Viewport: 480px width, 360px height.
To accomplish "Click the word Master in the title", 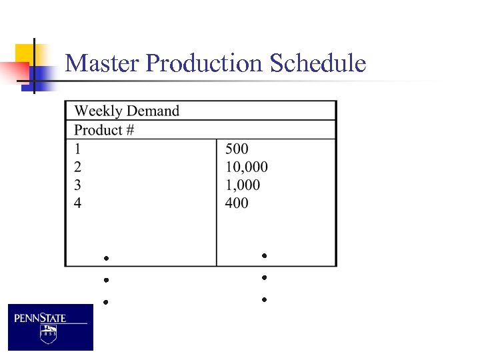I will (x=103, y=64).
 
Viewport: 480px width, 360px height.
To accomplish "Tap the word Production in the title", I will (x=204, y=64).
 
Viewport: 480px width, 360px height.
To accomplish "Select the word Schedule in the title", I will (x=318, y=64).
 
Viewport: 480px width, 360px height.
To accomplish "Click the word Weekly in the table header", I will (x=99, y=111).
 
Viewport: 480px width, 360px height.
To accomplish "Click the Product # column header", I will (x=104, y=130).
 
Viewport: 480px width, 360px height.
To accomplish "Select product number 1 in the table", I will (x=78, y=149).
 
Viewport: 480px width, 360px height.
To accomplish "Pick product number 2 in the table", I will (x=78, y=167).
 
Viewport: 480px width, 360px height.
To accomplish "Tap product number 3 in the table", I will (x=78, y=185).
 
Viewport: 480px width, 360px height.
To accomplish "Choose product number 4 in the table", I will (x=78, y=203).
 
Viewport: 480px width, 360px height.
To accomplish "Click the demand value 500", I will (x=237, y=149).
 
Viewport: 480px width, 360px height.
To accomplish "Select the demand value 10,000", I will (x=247, y=167).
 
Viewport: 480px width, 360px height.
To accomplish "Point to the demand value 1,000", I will (x=243, y=185).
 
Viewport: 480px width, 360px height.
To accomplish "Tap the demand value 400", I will (x=237, y=203).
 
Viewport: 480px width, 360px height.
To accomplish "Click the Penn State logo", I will (x=51, y=327).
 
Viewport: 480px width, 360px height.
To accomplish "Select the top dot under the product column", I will (x=105, y=257).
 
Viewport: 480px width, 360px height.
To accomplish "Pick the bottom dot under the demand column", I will (x=264, y=300).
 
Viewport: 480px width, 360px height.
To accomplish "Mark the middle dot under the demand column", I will (x=264, y=277).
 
